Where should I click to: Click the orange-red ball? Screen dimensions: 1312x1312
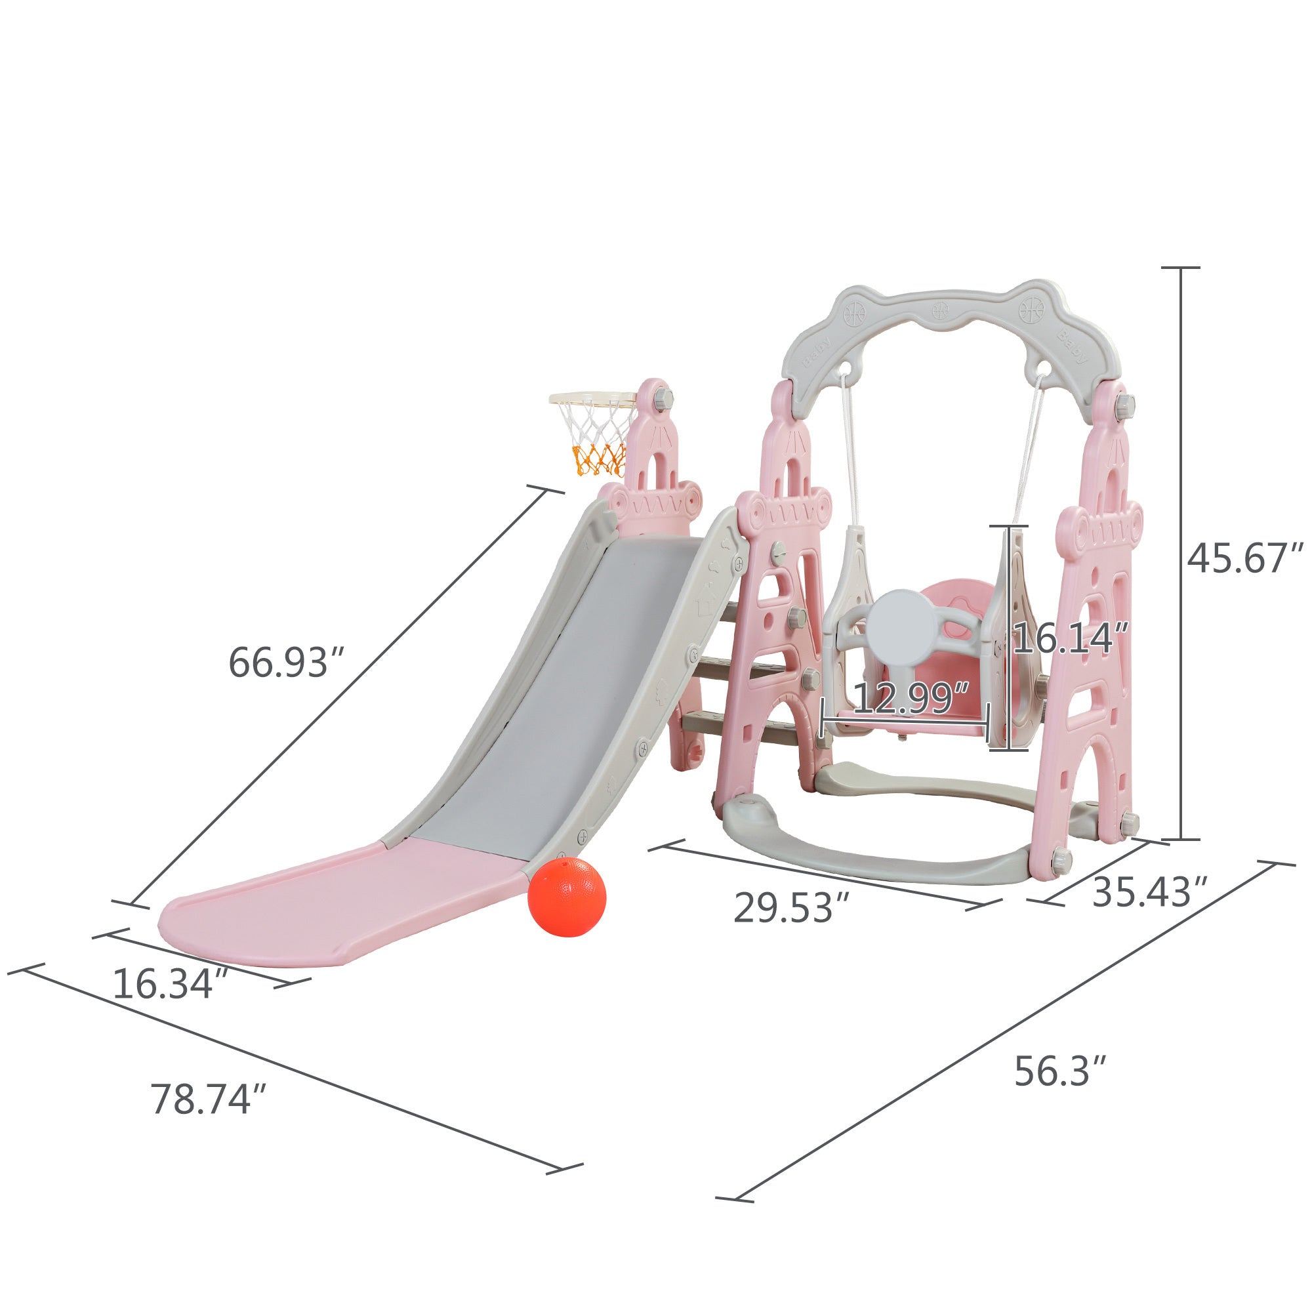(x=565, y=897)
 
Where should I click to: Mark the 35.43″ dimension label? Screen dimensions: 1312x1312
(x=1150, y=892)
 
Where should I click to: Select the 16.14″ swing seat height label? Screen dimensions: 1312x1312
(x=1071, y=639)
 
